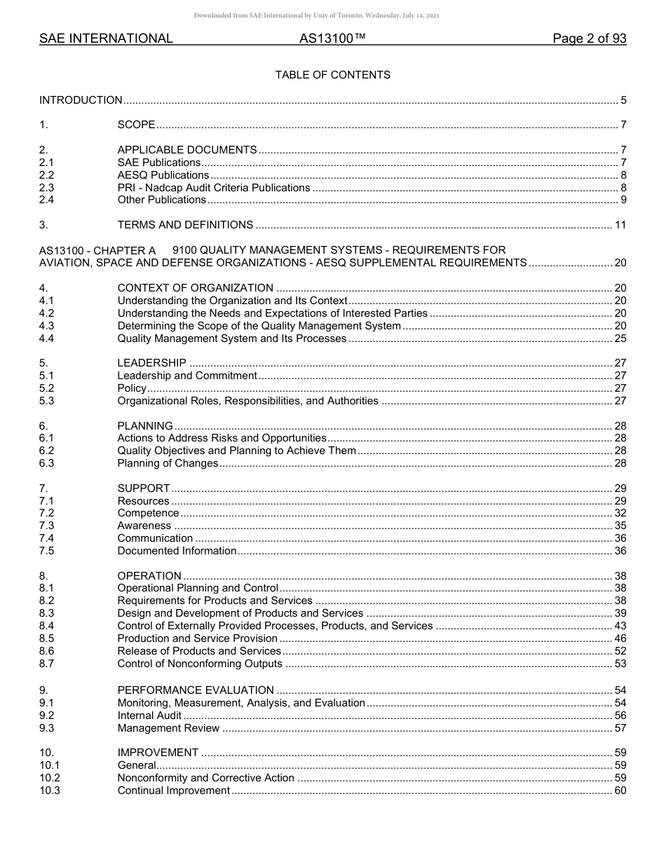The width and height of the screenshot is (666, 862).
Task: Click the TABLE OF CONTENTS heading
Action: (x=332, y=75)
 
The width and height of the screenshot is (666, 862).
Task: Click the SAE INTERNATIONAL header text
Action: (x=106, y=39)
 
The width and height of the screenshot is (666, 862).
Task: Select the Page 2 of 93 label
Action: (x=589, y=39)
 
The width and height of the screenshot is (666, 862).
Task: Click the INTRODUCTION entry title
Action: (x=81, y=100)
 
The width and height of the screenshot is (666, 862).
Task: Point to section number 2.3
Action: (x=46, y=188)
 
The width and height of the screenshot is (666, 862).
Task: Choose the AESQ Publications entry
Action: (x=163, y=175)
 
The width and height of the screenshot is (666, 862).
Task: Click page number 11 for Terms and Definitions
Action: (x=620, y=225)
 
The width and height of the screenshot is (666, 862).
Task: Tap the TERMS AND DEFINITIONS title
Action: (x=185, y=225)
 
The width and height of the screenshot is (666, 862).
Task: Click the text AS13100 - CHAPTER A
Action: (x=97, y=250)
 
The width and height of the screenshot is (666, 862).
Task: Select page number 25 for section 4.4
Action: (x=620, y=338)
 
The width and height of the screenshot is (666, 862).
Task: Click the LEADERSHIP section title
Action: (x=151, y=363)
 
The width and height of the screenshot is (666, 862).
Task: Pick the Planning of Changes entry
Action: (x=168, y=463)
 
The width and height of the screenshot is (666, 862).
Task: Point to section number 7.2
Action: (x=46, y=514)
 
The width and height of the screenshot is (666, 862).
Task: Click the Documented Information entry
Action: (x=177, y=551)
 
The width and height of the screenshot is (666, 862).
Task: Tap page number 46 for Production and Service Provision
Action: (x=620, y=638)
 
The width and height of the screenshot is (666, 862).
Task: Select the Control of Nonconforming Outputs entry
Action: (x=200, y=664)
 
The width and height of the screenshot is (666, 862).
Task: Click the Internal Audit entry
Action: (x=149, y=716)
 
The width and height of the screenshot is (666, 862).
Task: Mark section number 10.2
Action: (x=49, y=778)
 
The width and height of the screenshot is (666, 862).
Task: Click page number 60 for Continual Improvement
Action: (x=620, y=791)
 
